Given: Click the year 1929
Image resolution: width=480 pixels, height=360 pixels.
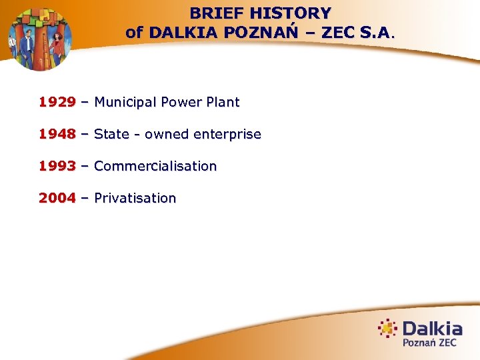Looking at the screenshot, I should [57, 103].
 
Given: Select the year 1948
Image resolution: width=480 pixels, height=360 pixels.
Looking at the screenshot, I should [57, 135].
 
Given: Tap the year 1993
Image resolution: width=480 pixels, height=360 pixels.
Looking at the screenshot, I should [57, 167].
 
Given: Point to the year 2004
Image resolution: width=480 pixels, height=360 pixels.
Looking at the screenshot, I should [57, 199].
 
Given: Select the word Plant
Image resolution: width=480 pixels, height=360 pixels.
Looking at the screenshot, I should [222, 103].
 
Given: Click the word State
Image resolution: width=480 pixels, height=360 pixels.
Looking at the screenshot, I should [111, 135].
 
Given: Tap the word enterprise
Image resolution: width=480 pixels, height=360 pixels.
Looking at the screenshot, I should [227, 135].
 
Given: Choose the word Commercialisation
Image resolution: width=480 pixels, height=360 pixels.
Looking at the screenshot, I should [155, 167].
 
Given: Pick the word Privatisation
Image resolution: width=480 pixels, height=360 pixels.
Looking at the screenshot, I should [135, 199].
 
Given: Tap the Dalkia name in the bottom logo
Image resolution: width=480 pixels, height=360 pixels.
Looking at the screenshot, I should [432, 329].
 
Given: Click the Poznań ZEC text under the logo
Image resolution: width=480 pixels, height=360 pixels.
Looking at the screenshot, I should [429, 343].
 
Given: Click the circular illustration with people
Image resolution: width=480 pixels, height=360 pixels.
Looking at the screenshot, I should [39, 39].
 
